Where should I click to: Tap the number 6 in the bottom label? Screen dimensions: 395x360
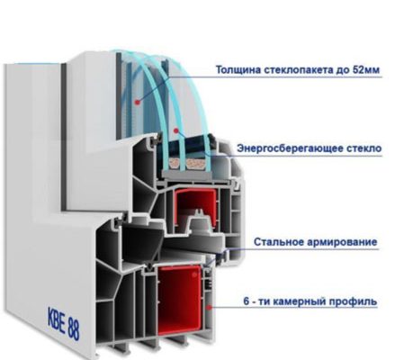coord(247,301)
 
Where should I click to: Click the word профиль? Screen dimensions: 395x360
coord(354,301)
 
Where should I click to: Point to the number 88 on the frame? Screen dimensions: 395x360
coord(74,329)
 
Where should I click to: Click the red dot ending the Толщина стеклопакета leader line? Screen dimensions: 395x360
coord(138,102)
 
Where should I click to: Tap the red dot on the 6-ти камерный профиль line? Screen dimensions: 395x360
coord(209,307)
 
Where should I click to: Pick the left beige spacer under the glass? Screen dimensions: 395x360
coord(175,163)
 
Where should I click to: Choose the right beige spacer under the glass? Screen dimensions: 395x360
coord(195,164)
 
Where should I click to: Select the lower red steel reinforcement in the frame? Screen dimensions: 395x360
coord(179,301)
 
